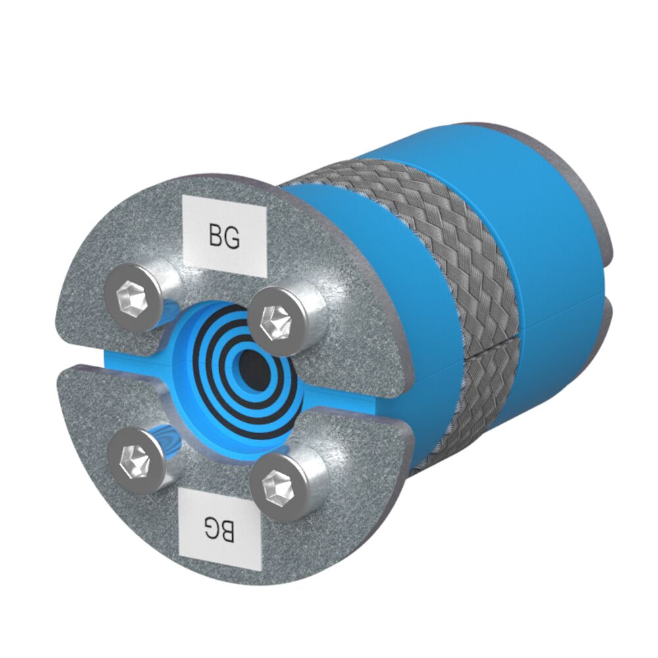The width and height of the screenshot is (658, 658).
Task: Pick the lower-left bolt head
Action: (x=134, y=457)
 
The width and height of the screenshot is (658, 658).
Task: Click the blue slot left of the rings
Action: (x=132, y=359)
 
